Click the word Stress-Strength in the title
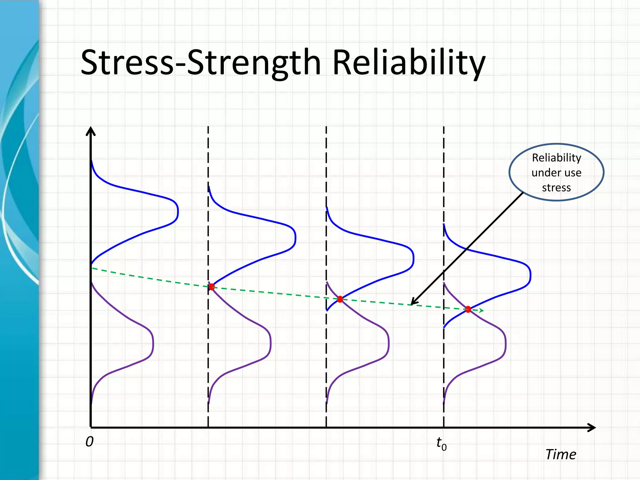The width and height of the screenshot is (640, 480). [200, 62]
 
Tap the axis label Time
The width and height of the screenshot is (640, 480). [561, 454]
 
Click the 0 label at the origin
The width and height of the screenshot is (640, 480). [89, 442]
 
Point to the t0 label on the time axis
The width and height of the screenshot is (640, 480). [441, 443]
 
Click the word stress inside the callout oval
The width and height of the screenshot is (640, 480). [556, 188]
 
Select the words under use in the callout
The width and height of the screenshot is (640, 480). [556, 173]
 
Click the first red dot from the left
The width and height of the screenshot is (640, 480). [212, 287]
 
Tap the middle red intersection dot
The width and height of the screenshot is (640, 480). [340, 299]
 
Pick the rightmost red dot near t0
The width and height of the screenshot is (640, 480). [468, 309]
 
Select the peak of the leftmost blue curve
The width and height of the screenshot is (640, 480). [177, 212]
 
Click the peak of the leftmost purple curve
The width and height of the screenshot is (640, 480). [153, 344]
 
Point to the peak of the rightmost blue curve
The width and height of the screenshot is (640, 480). [530, 275]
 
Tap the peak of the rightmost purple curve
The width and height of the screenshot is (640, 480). [505, 344]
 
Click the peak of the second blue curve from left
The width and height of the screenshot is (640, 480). [295, 238]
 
